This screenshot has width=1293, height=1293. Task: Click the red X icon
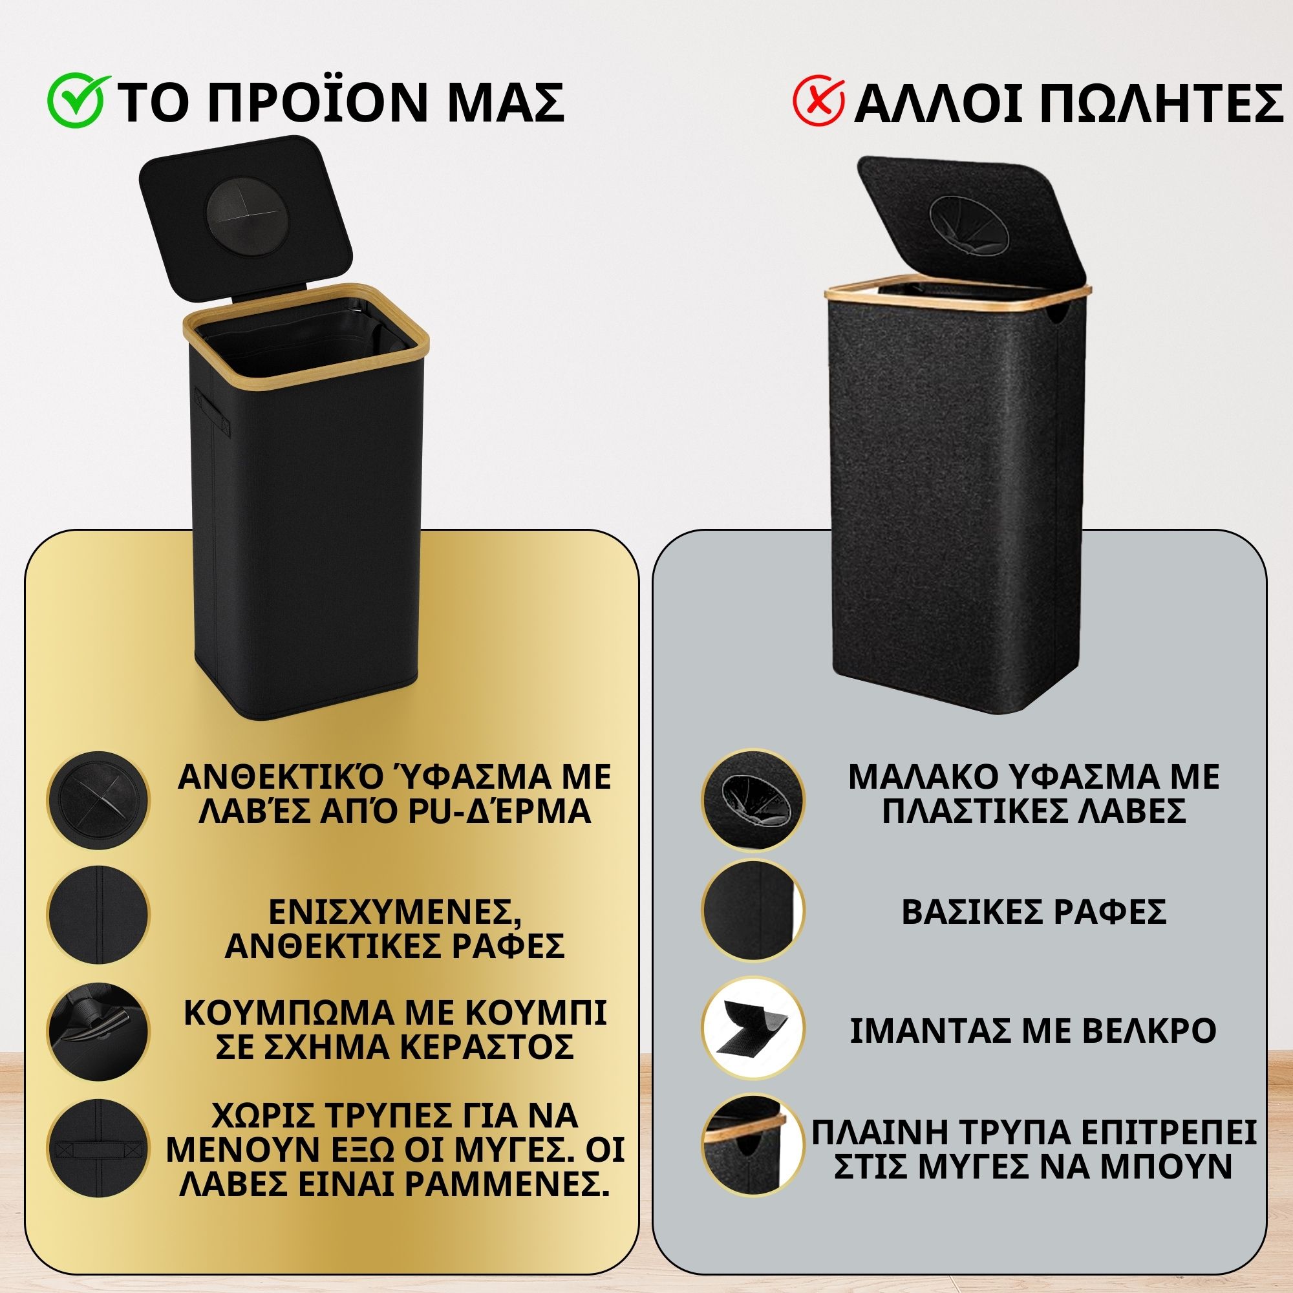coord(818,102)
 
